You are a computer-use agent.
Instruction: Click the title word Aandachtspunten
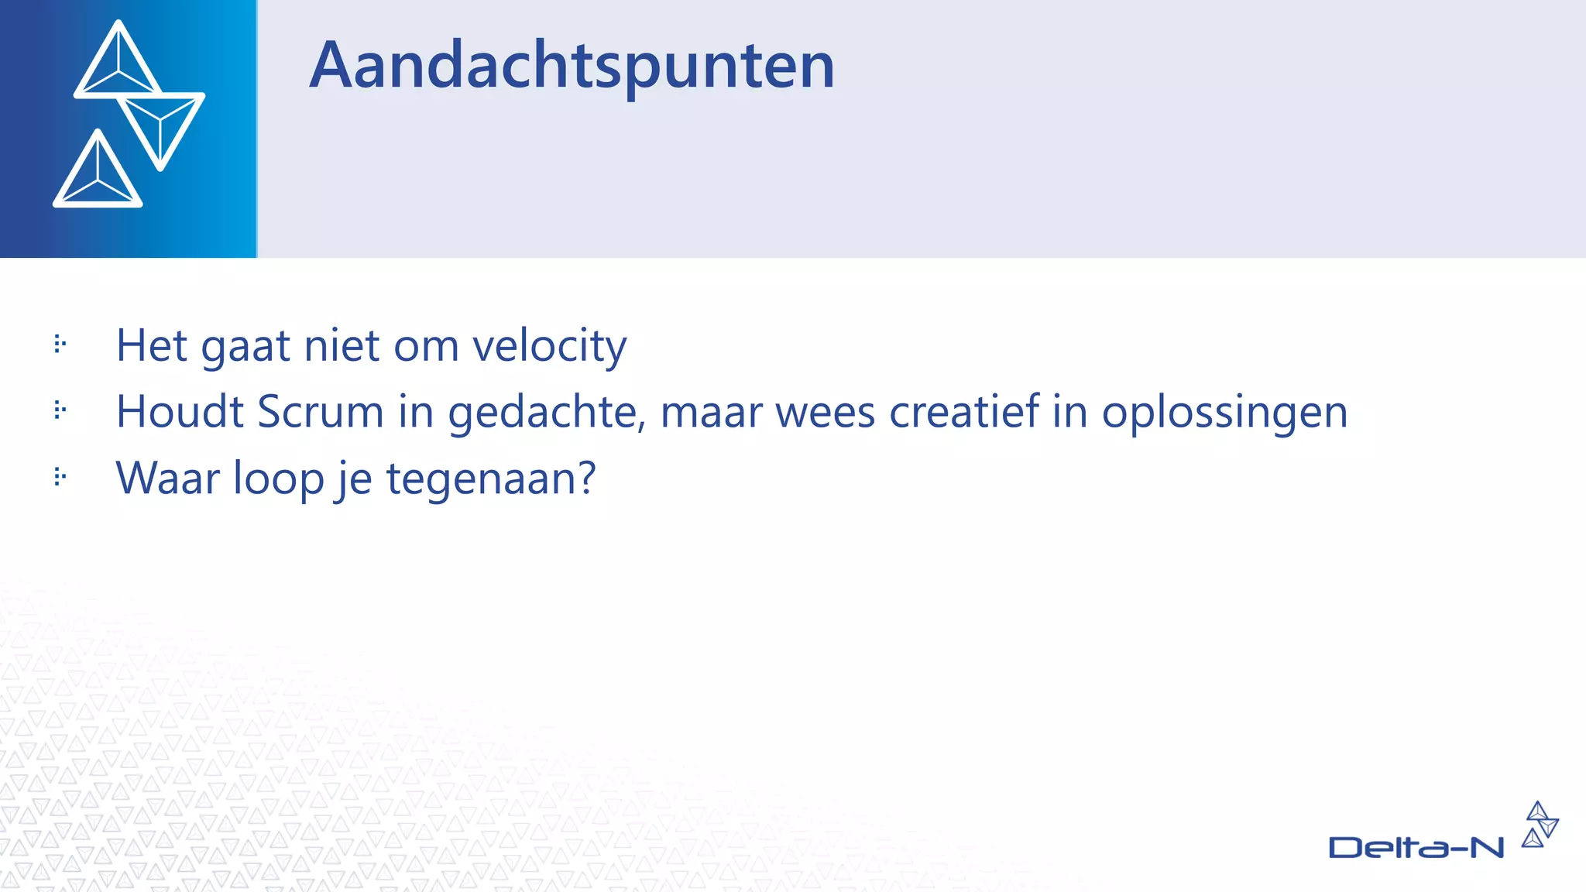coord(572,67)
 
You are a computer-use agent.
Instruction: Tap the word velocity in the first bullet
coord(549,346)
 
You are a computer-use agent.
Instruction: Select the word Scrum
coord(321,412)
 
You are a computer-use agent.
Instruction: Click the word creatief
coord(963,411)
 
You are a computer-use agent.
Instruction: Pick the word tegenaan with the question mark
coord(491,479)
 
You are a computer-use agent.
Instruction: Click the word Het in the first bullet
coord(151,345)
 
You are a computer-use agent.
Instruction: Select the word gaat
coord(245,347)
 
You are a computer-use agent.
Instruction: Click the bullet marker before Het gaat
coord(60,344)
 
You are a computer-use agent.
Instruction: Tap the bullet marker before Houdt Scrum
coord(60,410)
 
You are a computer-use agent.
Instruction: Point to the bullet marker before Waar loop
coord(60,476)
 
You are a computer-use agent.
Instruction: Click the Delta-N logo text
coord(1416,848)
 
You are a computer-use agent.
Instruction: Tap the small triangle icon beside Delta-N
coord(1540,825)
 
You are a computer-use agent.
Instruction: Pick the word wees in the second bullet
coord(826,412)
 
